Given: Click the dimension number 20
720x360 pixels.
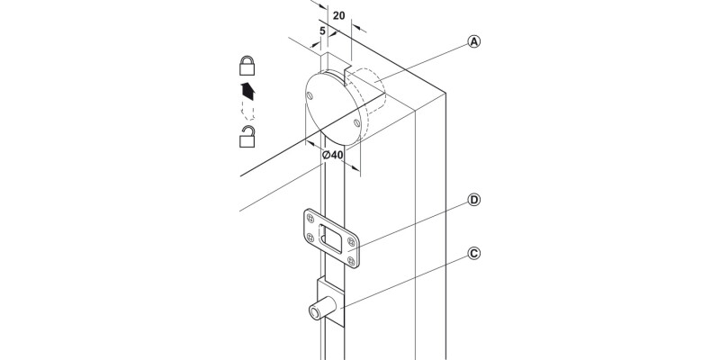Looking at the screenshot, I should tap(339, 16).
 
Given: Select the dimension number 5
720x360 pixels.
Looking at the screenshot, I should tap(322, 31).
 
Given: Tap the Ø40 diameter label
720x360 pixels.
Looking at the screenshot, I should tap(332, 155).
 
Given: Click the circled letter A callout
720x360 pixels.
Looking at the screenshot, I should tap(473, 43).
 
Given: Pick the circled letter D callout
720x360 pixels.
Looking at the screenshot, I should tap(473, 200).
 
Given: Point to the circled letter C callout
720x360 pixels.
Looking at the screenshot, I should tap(473, 254).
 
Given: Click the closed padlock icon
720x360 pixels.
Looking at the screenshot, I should tap(247, 65).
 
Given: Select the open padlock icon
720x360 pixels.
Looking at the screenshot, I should tap(247, 136).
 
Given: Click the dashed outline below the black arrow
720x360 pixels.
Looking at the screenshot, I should tap(247, 111).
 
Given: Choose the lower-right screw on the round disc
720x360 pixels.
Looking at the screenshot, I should tap(357, 121).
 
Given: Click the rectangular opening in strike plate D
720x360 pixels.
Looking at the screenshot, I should tap(331, 238).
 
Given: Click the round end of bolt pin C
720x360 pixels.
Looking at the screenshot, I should tap(315, 312).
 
